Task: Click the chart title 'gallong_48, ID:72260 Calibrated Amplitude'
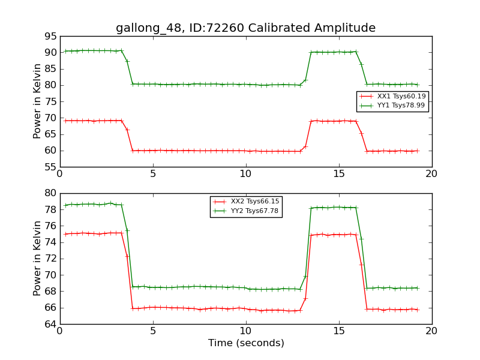point(245,28)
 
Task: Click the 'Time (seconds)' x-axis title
point(246,343)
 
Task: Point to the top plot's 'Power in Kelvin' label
point(38,101)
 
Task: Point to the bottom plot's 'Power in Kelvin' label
point(38,258)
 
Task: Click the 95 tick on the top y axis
point(50,36)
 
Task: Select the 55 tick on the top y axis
point(50,167)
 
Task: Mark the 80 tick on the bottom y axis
point(50,193)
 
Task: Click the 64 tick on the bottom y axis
point(50,324)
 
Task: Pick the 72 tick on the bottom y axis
point(50,259)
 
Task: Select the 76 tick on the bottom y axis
point(50,226)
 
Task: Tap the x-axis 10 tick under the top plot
point(246,174)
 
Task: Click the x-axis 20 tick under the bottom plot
point(432,331)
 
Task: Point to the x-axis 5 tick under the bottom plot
point(153,331)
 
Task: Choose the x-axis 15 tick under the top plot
point(339,174)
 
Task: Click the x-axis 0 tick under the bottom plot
point(60,331)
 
